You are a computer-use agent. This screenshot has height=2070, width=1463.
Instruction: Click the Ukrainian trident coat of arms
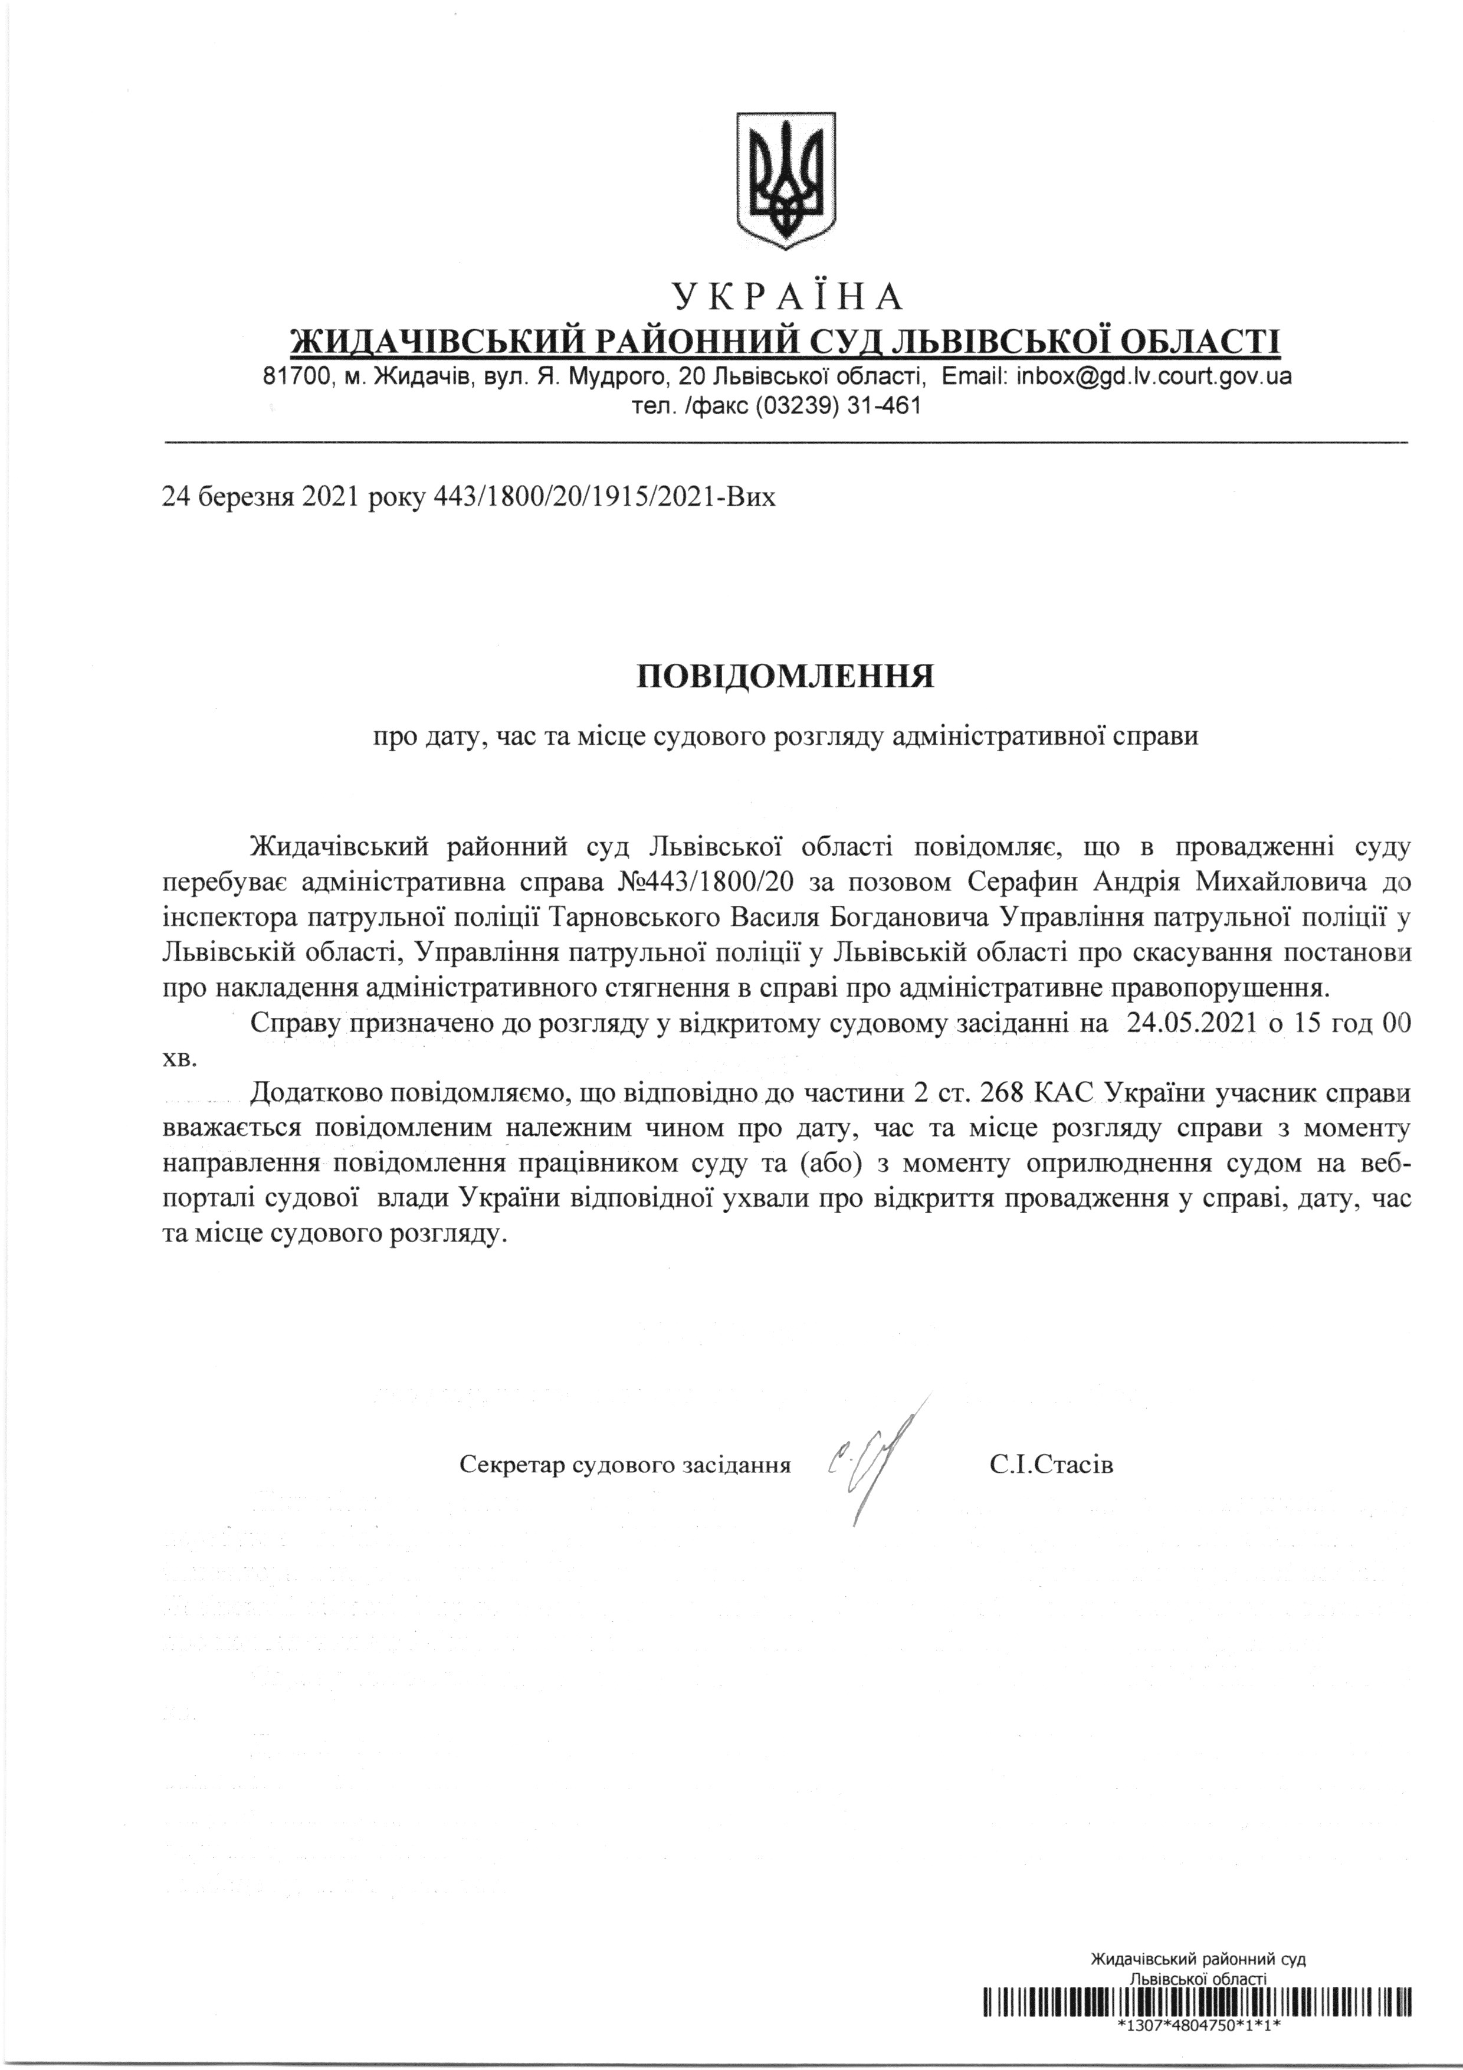(787, 181)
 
